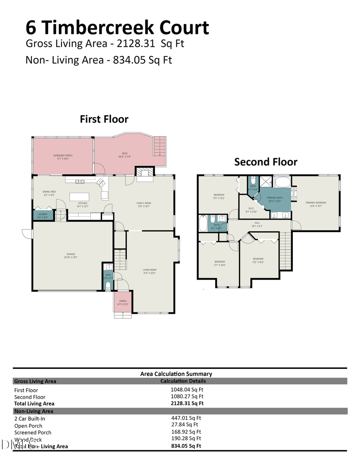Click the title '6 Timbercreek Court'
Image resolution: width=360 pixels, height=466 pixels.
117,28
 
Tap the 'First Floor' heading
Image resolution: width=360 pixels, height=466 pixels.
104,119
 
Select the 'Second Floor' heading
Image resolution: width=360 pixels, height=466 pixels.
266,162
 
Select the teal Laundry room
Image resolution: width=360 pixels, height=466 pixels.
42,216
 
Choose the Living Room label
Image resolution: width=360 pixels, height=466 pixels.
150,271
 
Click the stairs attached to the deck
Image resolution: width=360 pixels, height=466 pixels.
160,146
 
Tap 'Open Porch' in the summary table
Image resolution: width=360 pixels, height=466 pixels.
28,426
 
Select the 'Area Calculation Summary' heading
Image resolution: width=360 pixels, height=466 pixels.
176,374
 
